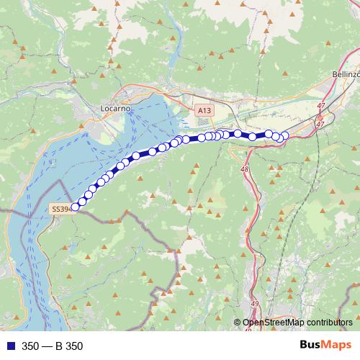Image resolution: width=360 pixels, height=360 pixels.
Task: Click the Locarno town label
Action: [x=115, y=108]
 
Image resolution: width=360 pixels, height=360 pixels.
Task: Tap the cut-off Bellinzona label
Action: [x=346, y=74]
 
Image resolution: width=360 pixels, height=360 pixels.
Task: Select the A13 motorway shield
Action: [x=204, y=110]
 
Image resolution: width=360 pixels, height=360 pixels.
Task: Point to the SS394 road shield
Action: [x=60, y=209]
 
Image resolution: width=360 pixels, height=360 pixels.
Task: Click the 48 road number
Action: [x=245, y=170]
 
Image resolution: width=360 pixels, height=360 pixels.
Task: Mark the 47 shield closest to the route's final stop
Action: [x=320, y=124]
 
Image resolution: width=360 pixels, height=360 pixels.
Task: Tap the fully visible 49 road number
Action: [x=255, y=305]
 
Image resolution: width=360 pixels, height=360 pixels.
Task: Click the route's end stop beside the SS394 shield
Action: [x=76, y=207]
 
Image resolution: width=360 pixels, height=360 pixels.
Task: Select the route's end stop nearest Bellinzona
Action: [x=284, y=135]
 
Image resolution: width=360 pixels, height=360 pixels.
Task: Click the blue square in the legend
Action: [x=9, y=346]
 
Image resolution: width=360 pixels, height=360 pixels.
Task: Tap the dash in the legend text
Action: [x=48, y=346]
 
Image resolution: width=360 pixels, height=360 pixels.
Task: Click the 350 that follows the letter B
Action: [x=74, y=346]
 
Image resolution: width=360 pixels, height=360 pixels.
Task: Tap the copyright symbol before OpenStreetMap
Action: [x=238, y=323]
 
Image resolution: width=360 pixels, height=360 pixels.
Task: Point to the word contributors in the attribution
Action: [x=328, y=323]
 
